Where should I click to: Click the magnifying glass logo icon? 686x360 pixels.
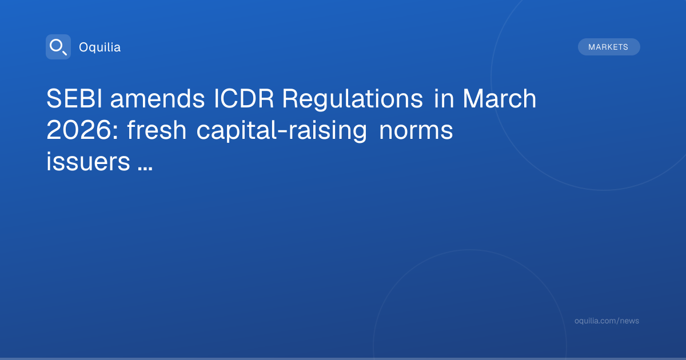point(58,47)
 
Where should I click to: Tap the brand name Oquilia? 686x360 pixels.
point(100,47)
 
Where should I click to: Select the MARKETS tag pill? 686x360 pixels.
point(609,47)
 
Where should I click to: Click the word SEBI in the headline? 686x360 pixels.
point(74,98)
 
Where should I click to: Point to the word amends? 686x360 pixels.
point(157,98)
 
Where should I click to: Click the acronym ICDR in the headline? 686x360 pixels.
point(244,98)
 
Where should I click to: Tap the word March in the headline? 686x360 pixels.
point(500,98)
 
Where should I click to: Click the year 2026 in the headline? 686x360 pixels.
point(79,130)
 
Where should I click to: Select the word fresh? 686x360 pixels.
point(157,130)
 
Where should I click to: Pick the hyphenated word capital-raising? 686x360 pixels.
point(281,130)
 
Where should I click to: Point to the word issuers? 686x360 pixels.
point(89,161)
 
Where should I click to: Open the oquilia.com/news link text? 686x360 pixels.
point(607,321)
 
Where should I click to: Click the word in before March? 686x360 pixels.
point(444,98)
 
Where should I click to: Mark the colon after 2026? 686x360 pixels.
point(115,132)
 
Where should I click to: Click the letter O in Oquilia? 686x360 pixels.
point(84,47)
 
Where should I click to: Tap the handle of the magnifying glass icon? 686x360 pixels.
point(64,53)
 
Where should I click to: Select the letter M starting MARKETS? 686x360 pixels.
point(591,47)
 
